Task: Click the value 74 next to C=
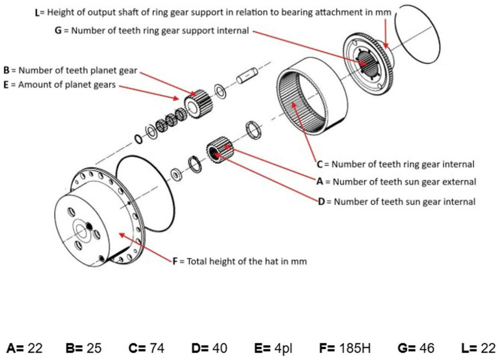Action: pos(157,348)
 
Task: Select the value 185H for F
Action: pos(354,348)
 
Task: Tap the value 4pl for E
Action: pos(283,348)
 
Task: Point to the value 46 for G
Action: pos(426,348)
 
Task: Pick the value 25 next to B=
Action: pos(94,348)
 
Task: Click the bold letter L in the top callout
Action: pos(37,13)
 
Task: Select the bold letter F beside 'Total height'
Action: pos(175,261)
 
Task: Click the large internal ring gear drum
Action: pos(311,95)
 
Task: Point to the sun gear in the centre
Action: pos(220,150)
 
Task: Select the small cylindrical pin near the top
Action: pos(247,75)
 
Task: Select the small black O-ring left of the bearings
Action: pos(139,139)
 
